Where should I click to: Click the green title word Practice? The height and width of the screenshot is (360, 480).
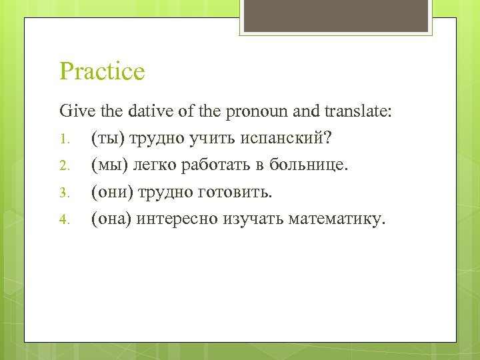tap(102, 71)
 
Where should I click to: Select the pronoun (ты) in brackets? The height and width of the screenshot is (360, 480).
tap(107, 138)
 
